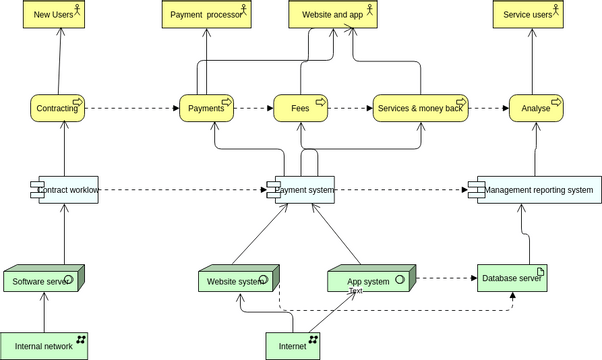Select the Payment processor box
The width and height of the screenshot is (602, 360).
click(x=207, y=14)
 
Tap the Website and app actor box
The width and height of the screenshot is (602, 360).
click(x=332, y=14)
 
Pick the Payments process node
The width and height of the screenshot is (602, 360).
click(x=207, y=108)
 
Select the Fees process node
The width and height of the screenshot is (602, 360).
click(x=301, y=108)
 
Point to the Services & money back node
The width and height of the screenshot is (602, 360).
click(x=420, y=108)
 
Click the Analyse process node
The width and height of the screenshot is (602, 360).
click(x=536, y=108)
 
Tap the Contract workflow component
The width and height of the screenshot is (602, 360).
click(x=65, y=189)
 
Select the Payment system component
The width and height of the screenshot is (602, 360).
click(x=301, y=189)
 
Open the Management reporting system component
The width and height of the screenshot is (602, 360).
click(x=534, y=189)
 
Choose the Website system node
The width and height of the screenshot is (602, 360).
click(x=236, y=281)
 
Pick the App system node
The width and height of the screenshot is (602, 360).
click(x=368, y=281)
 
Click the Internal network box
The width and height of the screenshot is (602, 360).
click(x=44, y=346)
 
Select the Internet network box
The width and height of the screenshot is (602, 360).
click(x=293, y=346)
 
